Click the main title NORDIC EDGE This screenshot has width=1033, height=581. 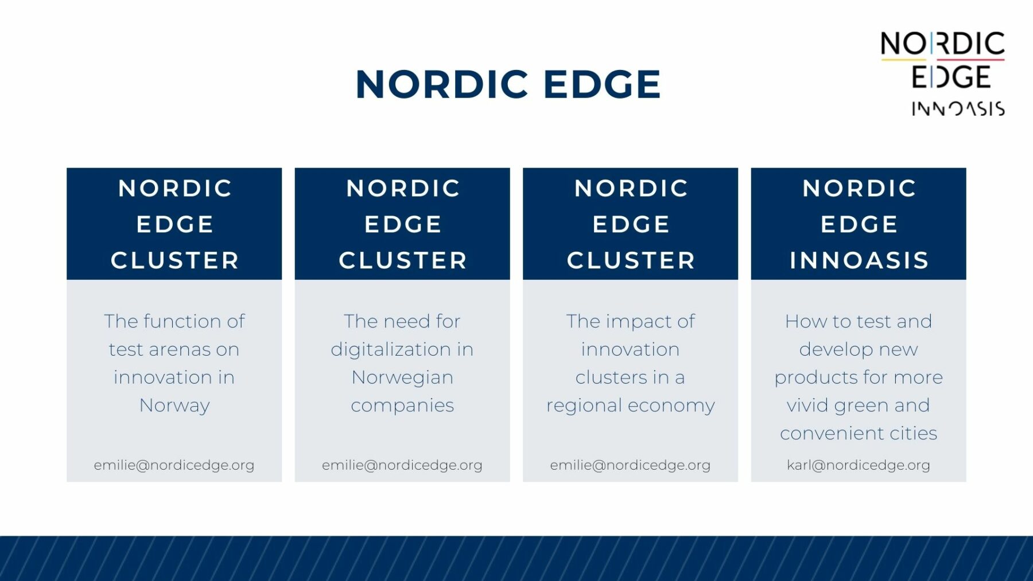tap(508, 84)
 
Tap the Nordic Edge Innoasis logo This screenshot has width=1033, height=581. tap(943, 73)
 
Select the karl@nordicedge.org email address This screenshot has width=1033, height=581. tap(859, 465)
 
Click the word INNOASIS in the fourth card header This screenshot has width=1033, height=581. tap(859, 260)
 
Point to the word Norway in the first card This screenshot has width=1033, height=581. tap(174, 405)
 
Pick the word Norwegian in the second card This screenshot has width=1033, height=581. tap(402, 377)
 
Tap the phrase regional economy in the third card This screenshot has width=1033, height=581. tap(630, 406)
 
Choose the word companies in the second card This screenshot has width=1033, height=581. tap(402, 406)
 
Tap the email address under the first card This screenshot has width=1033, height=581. tap(174, 465)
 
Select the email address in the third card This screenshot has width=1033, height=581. tap(630, 465)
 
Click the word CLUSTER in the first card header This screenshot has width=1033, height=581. tap(174, 260)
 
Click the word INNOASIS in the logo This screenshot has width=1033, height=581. tap(958, 109)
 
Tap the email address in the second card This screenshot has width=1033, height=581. tap(402, 465)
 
